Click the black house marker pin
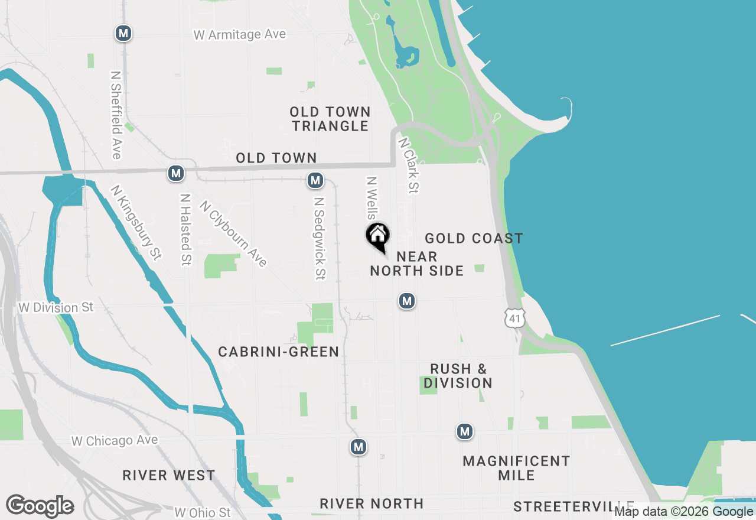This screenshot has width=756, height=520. (x=378, y=236)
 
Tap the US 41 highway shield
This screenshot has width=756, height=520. (x=515, y=318)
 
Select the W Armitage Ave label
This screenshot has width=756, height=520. (x=240, y=35)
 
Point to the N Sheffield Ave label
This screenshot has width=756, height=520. (x=116, y=115)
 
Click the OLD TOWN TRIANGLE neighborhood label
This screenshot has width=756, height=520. (x=330, y=119)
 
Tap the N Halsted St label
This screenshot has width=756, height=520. (x=186, y=230)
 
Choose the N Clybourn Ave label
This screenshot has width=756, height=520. (x=234, y=234)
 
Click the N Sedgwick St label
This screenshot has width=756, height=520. (x=320, y=238)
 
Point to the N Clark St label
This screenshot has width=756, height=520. (x=409, y=165)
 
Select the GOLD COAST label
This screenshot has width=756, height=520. (x=474, y=238)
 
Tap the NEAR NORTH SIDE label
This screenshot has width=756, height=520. (x=417, y=264)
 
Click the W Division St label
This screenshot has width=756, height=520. (x=56, y=308)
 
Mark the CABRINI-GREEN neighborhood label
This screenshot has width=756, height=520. (x=279, y=352)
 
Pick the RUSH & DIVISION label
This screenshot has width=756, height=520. (x=458, y=376)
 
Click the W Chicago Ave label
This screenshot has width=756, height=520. (x=115, y=441)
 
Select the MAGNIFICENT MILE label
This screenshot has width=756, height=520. (x=516, y=468)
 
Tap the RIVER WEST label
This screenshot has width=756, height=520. (x=169, y=475)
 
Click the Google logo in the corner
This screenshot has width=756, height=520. (x=40, y=506)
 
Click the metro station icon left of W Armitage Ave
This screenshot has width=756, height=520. (x=123, y=33)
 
